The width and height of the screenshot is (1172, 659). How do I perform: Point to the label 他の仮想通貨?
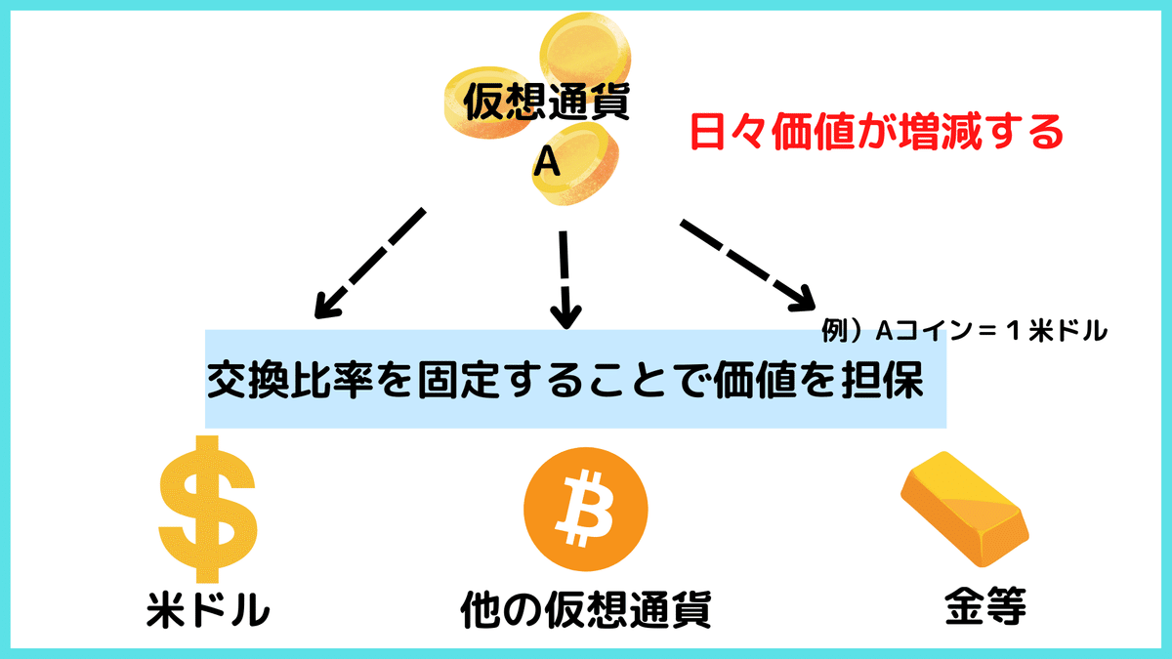(585, 608)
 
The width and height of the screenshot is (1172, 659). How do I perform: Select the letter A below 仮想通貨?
(547, 162)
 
